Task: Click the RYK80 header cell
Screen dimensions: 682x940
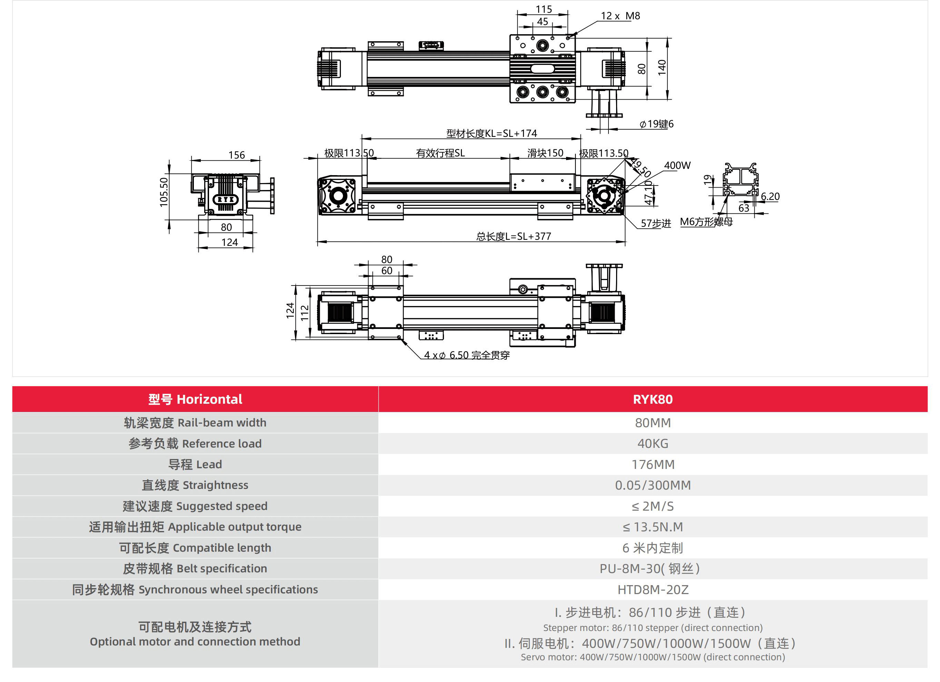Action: tap(652, 399)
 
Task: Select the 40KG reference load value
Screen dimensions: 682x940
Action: tap(652, 443)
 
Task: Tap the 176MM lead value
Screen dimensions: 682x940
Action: tap(652, 464)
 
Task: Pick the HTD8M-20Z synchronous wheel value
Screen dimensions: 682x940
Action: tap(652, 589)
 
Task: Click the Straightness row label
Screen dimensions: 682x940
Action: tap(195, 485)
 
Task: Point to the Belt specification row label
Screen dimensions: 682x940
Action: tap(195, 569)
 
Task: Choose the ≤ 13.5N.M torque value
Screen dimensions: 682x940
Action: tap(652, 527)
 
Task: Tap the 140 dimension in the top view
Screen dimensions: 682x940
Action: tap(662, 67)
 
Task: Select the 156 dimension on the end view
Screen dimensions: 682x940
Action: tap(236, 155)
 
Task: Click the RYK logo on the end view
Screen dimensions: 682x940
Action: tap(226, 199)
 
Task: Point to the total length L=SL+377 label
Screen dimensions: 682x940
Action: tap(514, 236)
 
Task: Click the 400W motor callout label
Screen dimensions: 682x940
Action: tap(677, 165)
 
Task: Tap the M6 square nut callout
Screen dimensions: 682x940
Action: tap(706, 222)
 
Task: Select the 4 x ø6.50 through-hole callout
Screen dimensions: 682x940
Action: tap(467, 355)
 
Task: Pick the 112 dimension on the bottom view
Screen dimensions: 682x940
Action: tap(305, 313)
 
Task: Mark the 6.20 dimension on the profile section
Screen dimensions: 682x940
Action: tap(770, 197)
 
